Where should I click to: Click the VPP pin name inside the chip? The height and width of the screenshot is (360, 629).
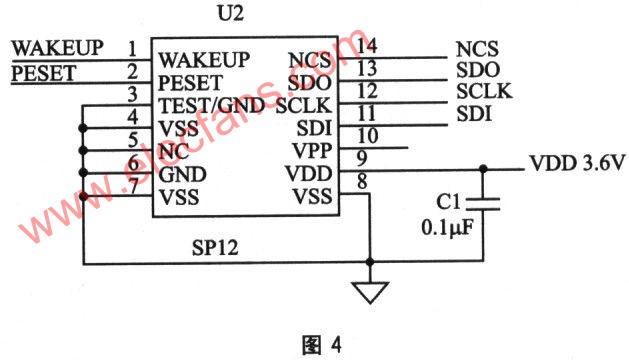308,150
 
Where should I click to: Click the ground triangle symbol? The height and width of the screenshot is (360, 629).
370,292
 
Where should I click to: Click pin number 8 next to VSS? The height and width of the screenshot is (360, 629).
363,181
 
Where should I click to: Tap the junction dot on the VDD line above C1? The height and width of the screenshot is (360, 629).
484,169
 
